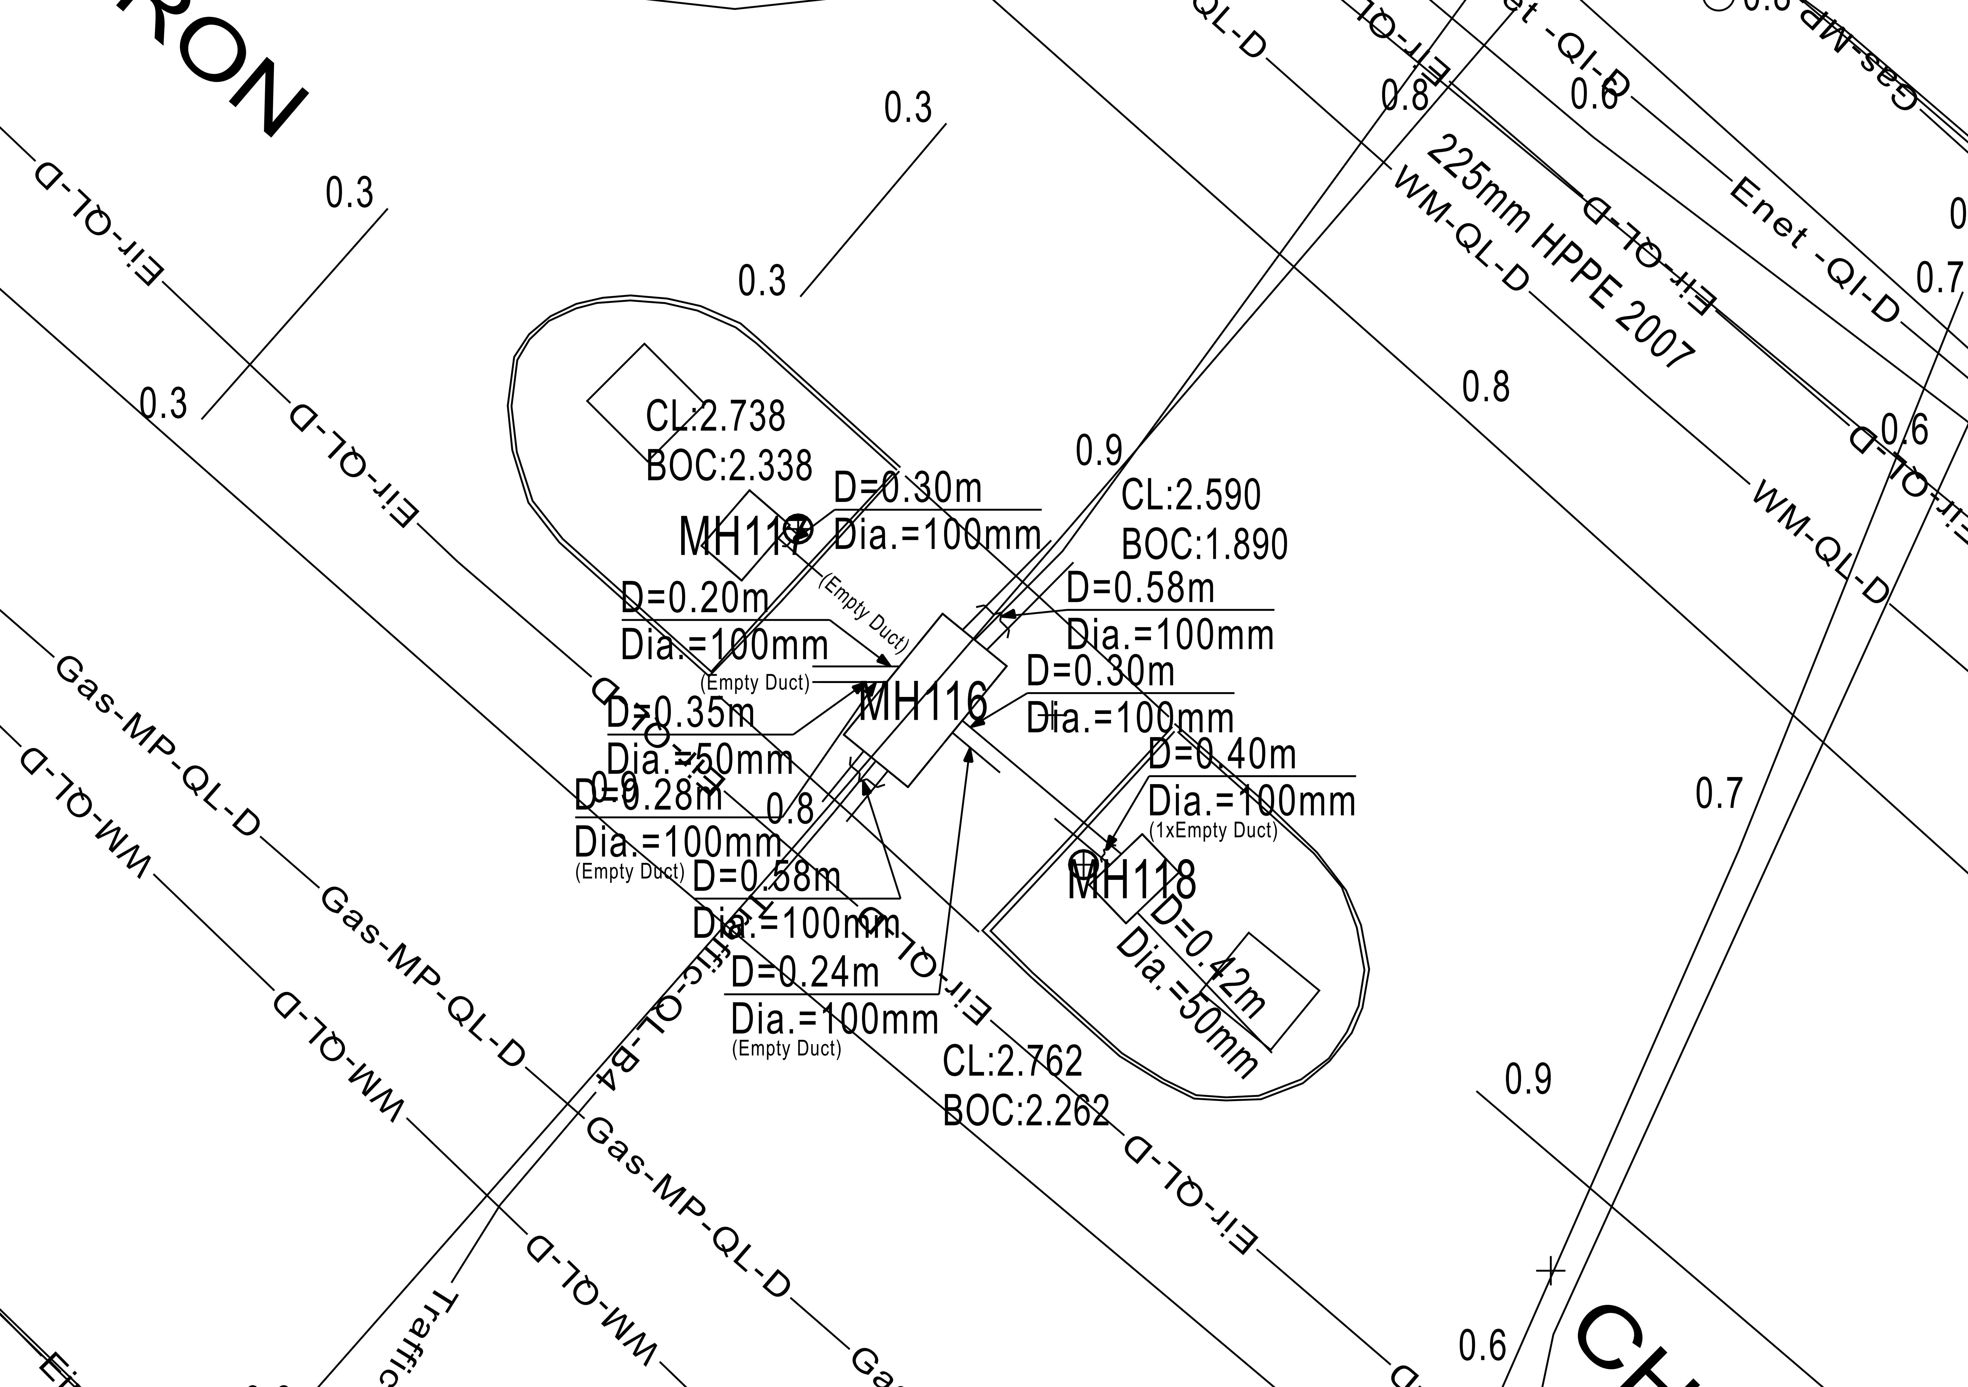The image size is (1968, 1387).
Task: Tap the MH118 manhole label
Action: [1131, 880]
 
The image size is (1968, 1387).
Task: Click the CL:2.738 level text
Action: [715, 417]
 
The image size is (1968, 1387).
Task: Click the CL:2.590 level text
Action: [1191, 495]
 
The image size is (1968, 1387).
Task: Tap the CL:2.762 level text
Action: [1012, 1061]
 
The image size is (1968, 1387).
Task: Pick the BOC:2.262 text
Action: [1026, 1111]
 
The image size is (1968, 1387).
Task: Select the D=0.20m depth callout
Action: [694, 598]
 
